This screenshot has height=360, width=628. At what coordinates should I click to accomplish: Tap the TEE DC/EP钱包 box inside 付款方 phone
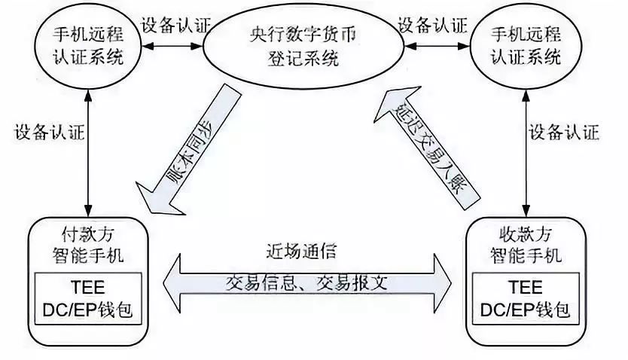pos(90,297)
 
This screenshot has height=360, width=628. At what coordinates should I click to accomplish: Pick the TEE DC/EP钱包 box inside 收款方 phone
pos(525,297)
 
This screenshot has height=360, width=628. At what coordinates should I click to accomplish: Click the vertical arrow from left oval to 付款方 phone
pos(89,150)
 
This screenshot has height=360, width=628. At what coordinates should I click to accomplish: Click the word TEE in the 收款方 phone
pos(525,287)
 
